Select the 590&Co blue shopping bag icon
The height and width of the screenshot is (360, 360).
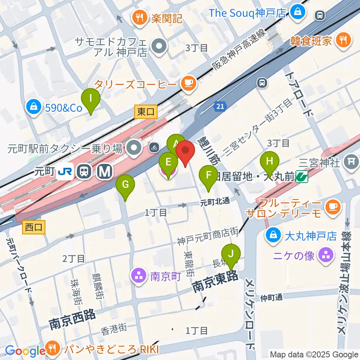(34, 108)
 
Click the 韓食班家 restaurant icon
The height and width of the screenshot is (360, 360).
(343, 40)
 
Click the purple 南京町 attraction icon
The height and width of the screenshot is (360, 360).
(139, 277)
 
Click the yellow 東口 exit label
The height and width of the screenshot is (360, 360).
(145, 111)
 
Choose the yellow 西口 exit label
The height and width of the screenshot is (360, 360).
(34, 227)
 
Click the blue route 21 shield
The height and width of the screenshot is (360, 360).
(220, 107)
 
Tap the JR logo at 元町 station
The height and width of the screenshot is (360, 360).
(63, 172)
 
